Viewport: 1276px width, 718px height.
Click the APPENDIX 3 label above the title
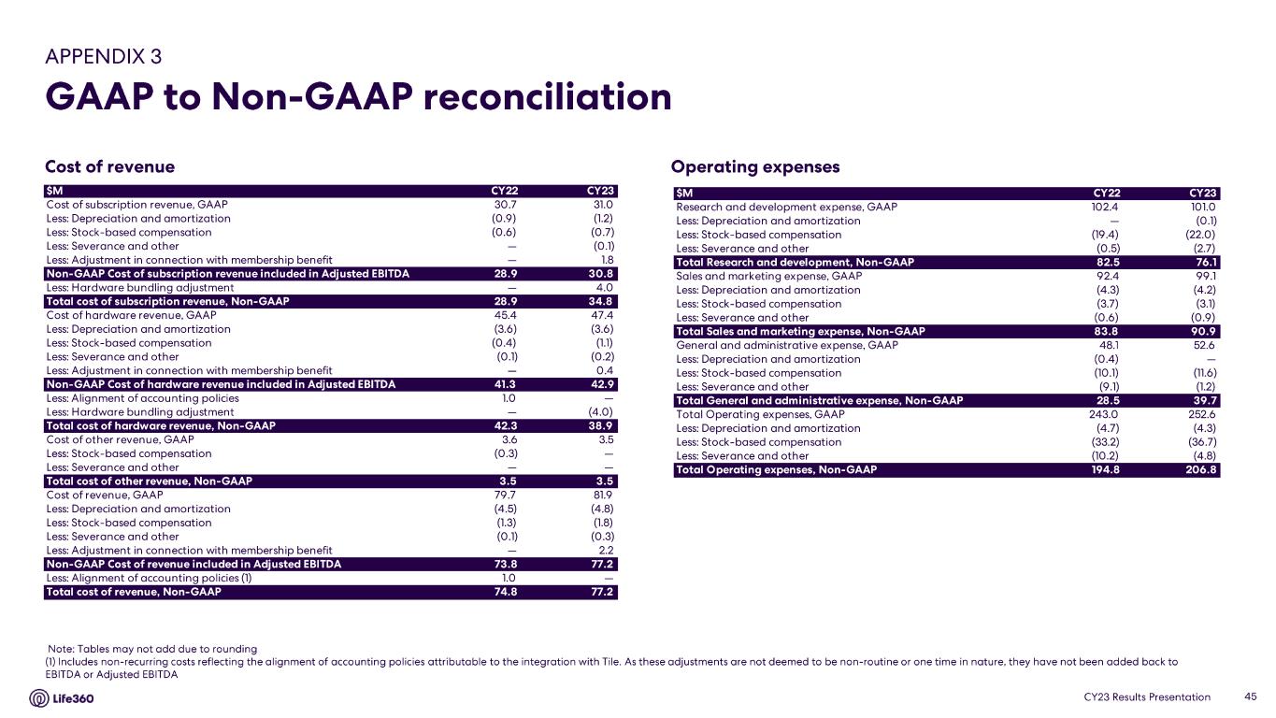pos(103,56)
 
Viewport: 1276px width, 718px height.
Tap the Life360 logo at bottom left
pos(62,698)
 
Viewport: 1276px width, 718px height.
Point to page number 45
pos(1251,696)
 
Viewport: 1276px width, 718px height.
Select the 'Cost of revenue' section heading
pos(109,167)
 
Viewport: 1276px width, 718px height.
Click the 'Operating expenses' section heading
pos(755,167)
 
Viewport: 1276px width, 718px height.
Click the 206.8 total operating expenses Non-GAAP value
pos(1201,470)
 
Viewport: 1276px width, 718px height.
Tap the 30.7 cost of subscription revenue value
pos(505,204)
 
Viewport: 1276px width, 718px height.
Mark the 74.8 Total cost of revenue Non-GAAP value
pos(505,592)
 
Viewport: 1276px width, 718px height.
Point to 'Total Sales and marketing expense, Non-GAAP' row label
pos(799,332)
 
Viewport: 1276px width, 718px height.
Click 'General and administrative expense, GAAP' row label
pos(786,345)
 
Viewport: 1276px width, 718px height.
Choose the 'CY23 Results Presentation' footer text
pos(1147,696)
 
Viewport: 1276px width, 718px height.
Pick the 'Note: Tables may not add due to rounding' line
pos(152,648)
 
